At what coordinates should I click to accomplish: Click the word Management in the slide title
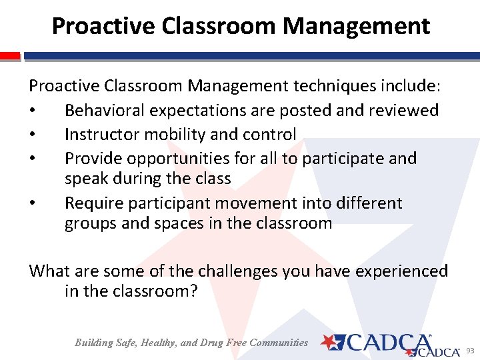[356, 26]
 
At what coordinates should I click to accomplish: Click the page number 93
[469, 351]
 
